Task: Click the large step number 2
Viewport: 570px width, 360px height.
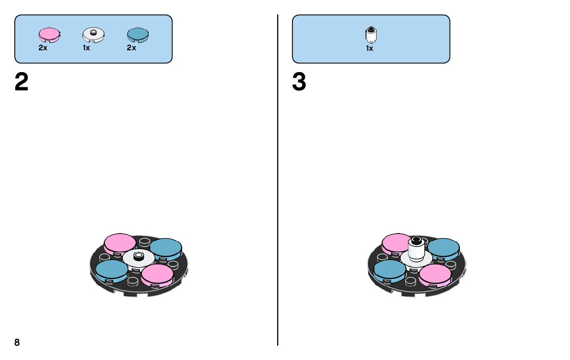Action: (x=21, y=82)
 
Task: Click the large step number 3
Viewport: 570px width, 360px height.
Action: (x=299, y=82)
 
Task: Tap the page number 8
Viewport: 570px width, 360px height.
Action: (x=17, y=342)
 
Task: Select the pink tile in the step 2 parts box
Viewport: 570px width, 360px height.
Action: (x=49, y=35)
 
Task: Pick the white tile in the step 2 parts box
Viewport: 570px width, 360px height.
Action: (x=93, y=35)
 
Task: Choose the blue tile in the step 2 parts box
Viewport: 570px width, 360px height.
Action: (x=138, y=35)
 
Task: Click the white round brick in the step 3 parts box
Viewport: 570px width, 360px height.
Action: (x=371, y=35)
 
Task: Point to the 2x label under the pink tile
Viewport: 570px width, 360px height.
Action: (x=43, y=48)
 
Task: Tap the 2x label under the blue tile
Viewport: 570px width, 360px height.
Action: (x=131, y=48)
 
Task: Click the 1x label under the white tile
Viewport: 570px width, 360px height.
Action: (x=86, y=48)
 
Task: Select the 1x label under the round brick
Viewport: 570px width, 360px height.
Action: (x=370, y=49)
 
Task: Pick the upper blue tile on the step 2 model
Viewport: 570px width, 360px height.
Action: (x=166, y=247)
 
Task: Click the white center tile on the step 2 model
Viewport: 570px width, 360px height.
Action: (x=138, y=259)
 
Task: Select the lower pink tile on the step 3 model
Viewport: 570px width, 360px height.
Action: (x=435, y=274)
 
